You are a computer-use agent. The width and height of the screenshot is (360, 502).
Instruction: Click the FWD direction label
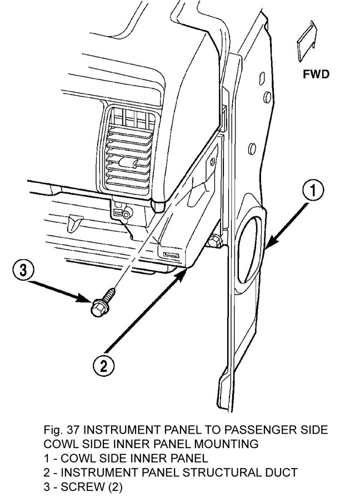pos(316,74)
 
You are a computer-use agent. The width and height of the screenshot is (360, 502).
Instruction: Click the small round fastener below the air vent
pos(127,212)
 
